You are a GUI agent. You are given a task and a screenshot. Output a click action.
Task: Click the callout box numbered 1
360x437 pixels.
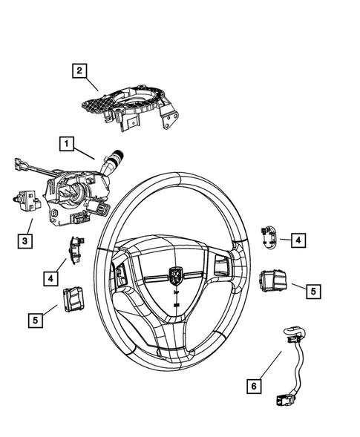pyautogui.click(x=67, y=142)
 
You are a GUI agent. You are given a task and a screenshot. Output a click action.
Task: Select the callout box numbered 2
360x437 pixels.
pyautogui.click(x=79, y=71)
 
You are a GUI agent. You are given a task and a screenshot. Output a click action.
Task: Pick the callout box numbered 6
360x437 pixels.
pyautogui.click(x=253, y=386)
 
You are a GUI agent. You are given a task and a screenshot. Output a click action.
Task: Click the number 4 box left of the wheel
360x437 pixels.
pyautogui.click(x=49, y=278)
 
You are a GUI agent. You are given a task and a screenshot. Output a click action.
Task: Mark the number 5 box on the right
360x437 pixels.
pyautogui.click(x=312, y=291)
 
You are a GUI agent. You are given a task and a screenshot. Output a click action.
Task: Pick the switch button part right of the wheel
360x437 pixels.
pyautogui.click(x=272, y=281)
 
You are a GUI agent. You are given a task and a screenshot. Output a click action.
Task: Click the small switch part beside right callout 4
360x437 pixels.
pyautogui.click(x=268, y=237)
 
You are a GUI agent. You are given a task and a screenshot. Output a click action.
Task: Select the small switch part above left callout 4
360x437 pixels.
pyautogui.click(x=76, y=247)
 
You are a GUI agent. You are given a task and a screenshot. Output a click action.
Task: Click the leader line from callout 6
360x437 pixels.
pyautogui.click(x=271, y=367)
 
